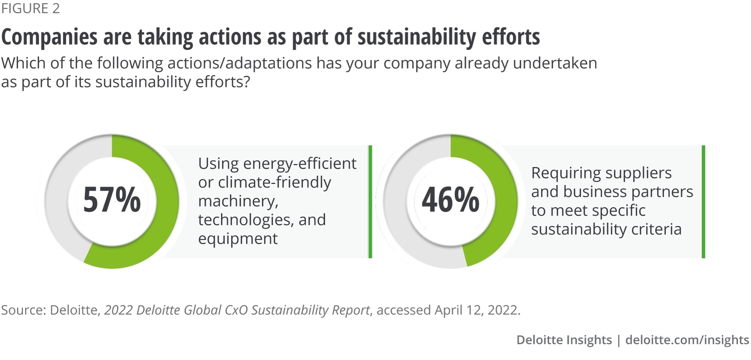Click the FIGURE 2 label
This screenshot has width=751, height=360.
pos(30,8)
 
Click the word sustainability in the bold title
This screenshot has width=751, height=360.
pos(416,38)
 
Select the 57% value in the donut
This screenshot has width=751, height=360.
pos(112,200)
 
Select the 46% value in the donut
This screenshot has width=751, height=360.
pos(451,200)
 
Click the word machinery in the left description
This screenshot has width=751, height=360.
pos(238,201)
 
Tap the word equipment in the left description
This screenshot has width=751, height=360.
pos(238,239)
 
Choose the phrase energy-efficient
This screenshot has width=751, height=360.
pos(300,164)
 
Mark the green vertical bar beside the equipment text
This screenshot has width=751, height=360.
pos(370,202)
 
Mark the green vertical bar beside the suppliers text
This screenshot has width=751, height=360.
pos(703,202)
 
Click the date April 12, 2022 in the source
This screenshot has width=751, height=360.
pos(477,310)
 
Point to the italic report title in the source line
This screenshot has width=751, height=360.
pos(237,310)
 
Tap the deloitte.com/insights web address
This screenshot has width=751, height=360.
pos(687,340)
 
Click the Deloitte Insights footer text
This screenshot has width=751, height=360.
pos(564,340)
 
